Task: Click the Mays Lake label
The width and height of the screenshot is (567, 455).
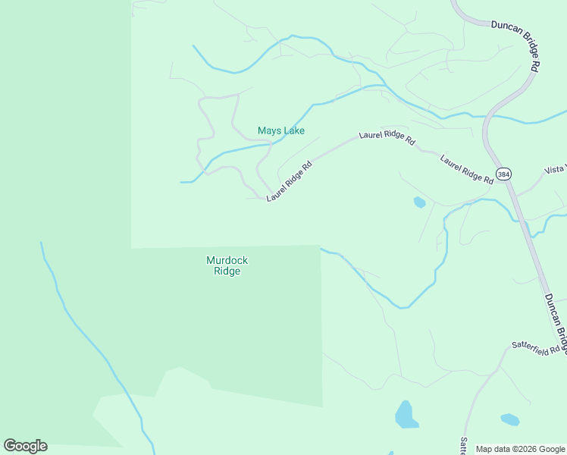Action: (281, 131)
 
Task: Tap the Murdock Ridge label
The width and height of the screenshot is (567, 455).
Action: (227, 265)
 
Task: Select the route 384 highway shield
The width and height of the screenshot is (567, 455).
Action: (503, 174)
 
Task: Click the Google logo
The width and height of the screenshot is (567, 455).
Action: (25, 446)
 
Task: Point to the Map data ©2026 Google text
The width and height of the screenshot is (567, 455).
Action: (520, 449)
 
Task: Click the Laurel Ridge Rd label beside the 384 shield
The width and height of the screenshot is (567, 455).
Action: (467, 169)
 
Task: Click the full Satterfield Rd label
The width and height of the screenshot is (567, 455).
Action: (535, 347)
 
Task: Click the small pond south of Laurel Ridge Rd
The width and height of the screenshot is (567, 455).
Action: (419, 202)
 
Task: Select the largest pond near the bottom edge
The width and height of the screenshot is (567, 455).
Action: (406, 415)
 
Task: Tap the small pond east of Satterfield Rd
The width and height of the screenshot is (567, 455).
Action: (510, 419)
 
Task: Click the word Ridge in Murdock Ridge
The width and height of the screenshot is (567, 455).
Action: (227, 271)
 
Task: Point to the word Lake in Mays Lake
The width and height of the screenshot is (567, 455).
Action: (293, 131)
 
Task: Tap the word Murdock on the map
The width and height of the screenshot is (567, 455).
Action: (227, 260)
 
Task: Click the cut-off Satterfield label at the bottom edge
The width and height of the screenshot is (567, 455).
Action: (463, 444)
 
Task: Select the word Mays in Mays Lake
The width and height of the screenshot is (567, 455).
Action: (268, 131)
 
